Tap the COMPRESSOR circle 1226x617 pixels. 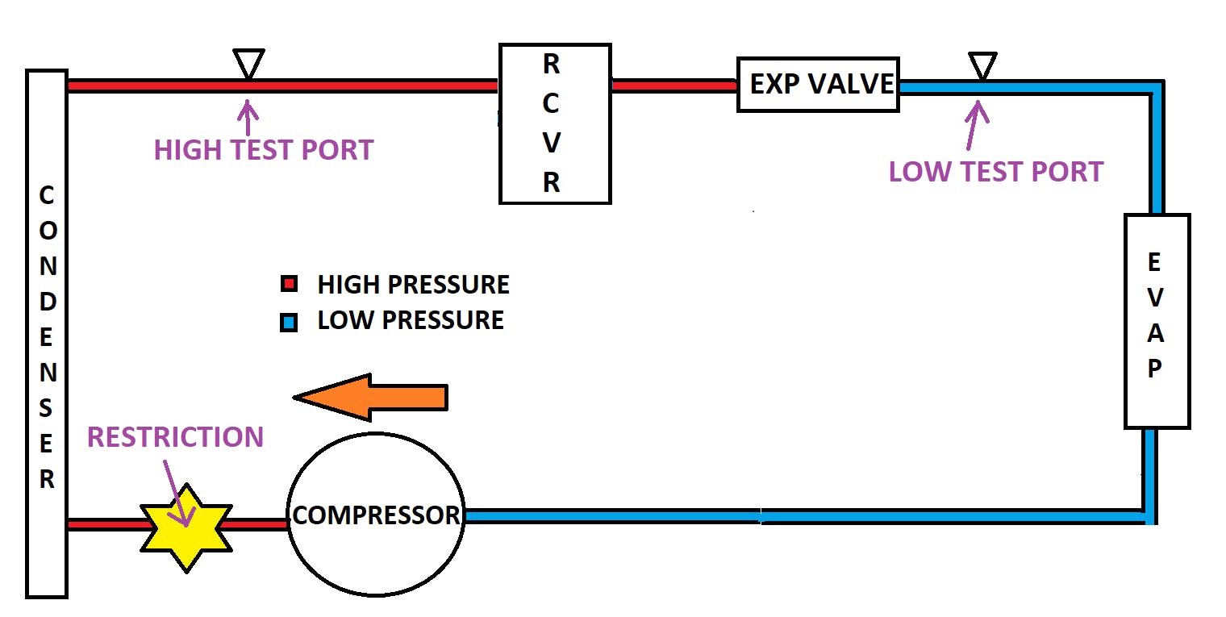[376, 514]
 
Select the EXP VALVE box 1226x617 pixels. [818, 84]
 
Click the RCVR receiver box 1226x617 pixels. [554, 123]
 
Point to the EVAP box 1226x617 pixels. [1156, 320]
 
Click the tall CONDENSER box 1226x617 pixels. [47, 333]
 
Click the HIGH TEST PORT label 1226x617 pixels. [264, 150]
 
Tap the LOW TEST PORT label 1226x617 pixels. [995, 172]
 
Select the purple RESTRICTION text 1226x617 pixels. [175, 437]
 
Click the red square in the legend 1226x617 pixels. [289, 285]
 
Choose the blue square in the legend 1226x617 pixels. [289, 323]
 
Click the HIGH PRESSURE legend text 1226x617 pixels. [413, 285]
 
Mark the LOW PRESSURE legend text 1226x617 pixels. [410, 320]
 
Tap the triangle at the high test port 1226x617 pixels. [248, 62]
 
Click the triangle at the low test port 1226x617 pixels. [982, 65]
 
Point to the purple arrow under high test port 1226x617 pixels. [247, 117]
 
